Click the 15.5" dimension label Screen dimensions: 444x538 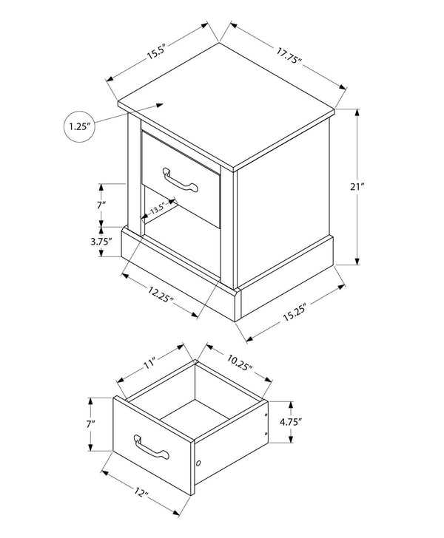(156, 52)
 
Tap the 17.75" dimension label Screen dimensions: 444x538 (289, 55)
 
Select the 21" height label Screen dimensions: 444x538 (357, 187)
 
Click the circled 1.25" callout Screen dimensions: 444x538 (79, 126)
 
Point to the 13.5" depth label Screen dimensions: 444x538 (158, 208)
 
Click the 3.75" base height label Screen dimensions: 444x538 (101, 242)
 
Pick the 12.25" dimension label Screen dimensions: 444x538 (161, 295)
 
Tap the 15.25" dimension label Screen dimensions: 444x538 (295, 312)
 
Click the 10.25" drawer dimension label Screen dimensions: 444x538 (240, 362)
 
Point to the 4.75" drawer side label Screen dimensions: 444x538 (290, 422)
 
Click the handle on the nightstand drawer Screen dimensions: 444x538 (181, 180)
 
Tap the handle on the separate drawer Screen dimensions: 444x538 (152, 447)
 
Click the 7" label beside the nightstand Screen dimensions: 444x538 (101, 205)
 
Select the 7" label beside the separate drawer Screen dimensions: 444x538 (91, 424)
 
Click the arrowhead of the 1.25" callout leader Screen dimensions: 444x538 (160, 105)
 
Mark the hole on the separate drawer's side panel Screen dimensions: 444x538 (198, 463)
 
